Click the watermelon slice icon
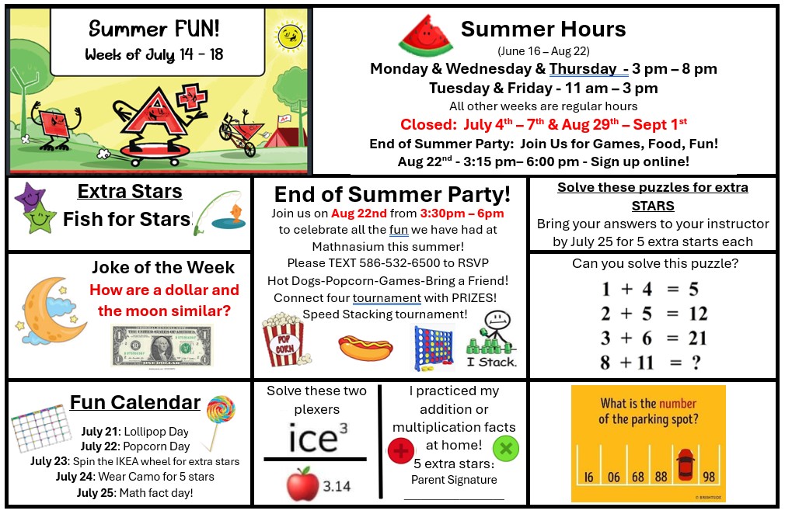(x=426, y=36)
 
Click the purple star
(x=30, y=196)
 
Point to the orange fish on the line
(x=235, y=213)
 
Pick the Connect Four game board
(x=434, y=347)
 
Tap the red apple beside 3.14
(x=302, y=484)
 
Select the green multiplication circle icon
(x=506, y=449)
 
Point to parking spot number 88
(x=661, y=477)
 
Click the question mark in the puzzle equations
(x=696, y=362)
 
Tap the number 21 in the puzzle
(x=697, y=338)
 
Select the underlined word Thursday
(x=583, y=68)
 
